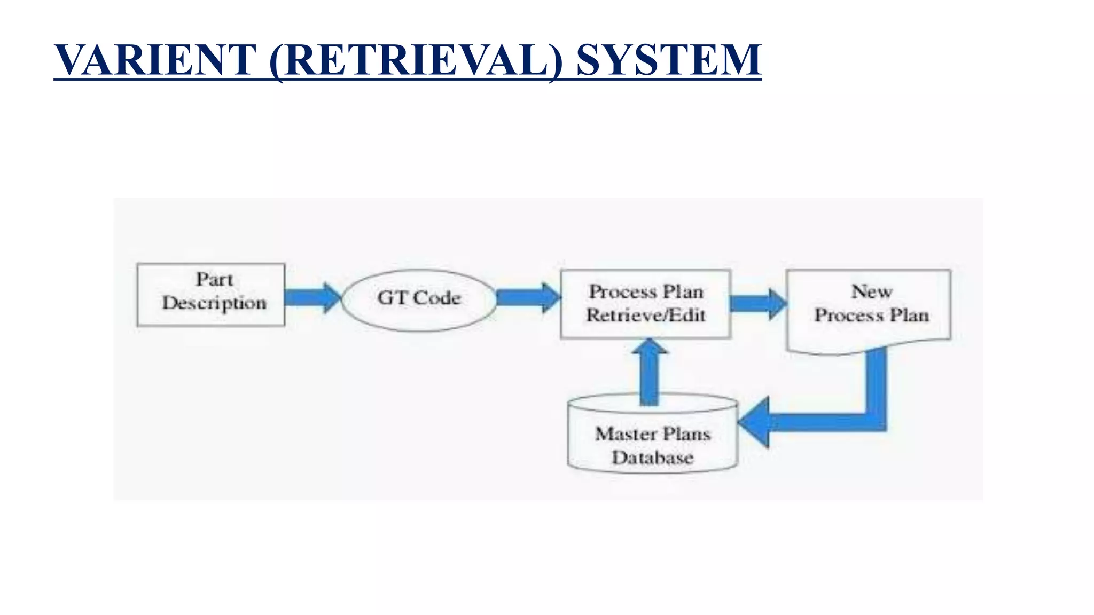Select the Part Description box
(211, 294)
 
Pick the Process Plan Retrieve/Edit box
(645, 304)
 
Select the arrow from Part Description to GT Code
(312, 297)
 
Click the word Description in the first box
(214, 303)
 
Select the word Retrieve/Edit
(646, 316)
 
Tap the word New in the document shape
(871, 291)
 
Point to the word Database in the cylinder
(652, 458)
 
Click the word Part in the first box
(214, 279)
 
